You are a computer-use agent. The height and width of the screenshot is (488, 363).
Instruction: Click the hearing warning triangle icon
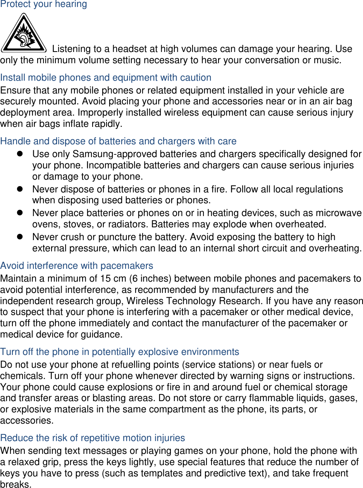click(x=24, y=34)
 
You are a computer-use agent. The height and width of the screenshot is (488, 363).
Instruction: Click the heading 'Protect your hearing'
click(x=43, y=5)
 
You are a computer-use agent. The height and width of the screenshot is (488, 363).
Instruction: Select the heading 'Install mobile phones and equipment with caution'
click(x=106, y=78)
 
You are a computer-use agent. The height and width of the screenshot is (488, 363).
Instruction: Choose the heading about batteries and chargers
click(x=118, y=141)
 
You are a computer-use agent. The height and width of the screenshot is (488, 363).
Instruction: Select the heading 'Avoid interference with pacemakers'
click(x=77, y=266)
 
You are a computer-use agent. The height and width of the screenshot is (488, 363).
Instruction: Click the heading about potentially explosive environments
click(x=120, y=352)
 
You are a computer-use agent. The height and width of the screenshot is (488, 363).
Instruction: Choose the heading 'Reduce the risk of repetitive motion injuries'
click(x=93, y=438)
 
